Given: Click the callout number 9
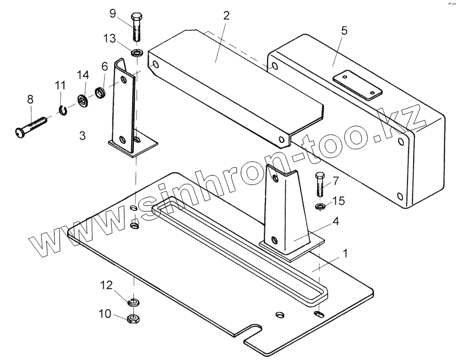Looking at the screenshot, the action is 112,13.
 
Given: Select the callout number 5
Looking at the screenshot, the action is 344,30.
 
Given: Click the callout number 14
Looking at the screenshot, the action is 82,75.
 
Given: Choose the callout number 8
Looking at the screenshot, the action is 30,99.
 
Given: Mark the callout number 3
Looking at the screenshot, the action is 82,135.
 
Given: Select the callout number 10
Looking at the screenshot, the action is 105,314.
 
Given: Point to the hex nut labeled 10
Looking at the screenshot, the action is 132,318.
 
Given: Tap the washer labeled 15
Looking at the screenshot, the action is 320,207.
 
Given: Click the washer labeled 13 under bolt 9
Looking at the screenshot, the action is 136,53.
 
